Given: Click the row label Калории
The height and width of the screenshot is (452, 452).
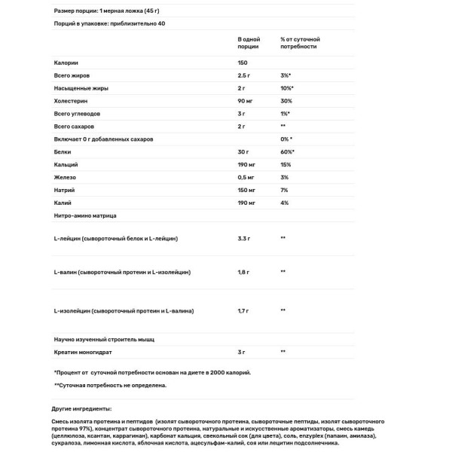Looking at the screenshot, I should click(66, 63).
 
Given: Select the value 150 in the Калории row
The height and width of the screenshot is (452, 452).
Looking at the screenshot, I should click(243, 63).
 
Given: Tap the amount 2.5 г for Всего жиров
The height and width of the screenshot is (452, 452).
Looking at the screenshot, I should click(244, 75).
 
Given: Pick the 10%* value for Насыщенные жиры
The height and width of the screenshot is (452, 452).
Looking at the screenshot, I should click(287, 88).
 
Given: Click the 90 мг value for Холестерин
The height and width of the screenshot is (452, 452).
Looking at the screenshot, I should click(246, 101).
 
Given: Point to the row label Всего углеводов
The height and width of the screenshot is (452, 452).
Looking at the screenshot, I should click(77, 114).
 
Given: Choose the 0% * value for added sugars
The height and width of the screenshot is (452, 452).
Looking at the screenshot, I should click(286, 139).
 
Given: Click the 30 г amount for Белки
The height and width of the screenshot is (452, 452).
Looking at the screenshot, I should click(243, 152).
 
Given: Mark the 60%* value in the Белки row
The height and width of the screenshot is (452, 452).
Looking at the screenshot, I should click(287, 152).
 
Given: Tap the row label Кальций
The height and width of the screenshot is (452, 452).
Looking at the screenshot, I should click(66, 165).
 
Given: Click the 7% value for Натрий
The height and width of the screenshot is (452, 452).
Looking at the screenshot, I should click(284, 191).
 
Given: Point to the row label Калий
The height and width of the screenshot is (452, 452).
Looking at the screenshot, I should click(63, 203).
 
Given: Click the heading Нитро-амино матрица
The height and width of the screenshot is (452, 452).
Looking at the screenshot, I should click(85, 216).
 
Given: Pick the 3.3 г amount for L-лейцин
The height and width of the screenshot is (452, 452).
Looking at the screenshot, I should click(243, 238).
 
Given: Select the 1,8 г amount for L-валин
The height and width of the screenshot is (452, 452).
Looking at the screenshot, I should click(243, 272).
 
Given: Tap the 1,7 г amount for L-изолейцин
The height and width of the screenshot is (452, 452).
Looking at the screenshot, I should click(243, 310).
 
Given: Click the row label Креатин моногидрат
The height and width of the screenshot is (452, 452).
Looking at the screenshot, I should click(84, 352).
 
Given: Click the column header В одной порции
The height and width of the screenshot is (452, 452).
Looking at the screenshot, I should click(249, 42).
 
